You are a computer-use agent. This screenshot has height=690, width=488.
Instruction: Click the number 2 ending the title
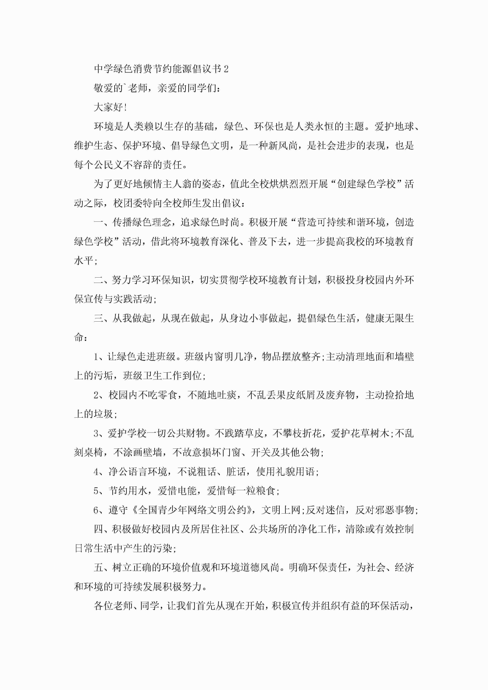point(226,69)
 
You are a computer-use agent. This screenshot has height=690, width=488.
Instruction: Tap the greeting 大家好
point(108,107)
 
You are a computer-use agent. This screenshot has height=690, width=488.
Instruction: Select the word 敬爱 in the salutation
point(104,88)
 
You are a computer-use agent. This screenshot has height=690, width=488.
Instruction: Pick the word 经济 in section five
point(404,568)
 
